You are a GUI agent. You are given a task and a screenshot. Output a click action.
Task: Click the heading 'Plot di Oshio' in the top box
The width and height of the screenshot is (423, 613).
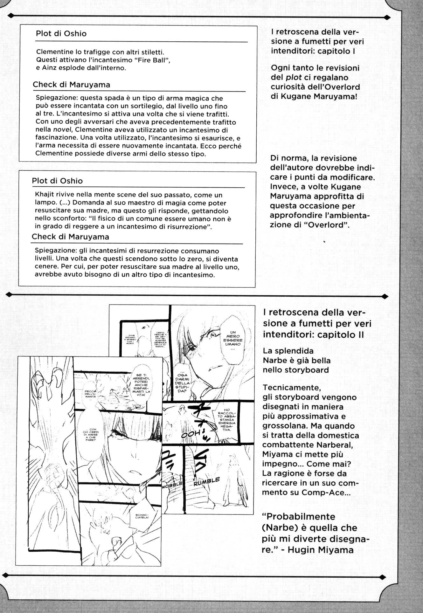coord(61,34)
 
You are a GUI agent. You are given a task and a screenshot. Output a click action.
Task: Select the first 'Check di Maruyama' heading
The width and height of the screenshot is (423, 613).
coord(71,85)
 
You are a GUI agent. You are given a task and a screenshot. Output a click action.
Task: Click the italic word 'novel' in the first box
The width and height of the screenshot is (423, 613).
coord(61,130)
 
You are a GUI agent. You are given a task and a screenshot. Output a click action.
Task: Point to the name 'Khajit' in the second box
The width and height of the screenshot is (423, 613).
coord(43,195)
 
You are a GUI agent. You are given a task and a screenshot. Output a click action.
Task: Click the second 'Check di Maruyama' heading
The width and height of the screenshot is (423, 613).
coord(70,237)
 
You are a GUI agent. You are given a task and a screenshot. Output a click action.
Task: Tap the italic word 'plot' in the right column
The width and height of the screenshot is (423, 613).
coord(293,77)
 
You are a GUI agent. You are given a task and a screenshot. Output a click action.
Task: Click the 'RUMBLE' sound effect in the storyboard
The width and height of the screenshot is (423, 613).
coord(206,482)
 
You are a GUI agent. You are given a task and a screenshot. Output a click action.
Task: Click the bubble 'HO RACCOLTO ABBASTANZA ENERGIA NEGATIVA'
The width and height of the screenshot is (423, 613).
coord(226,420)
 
